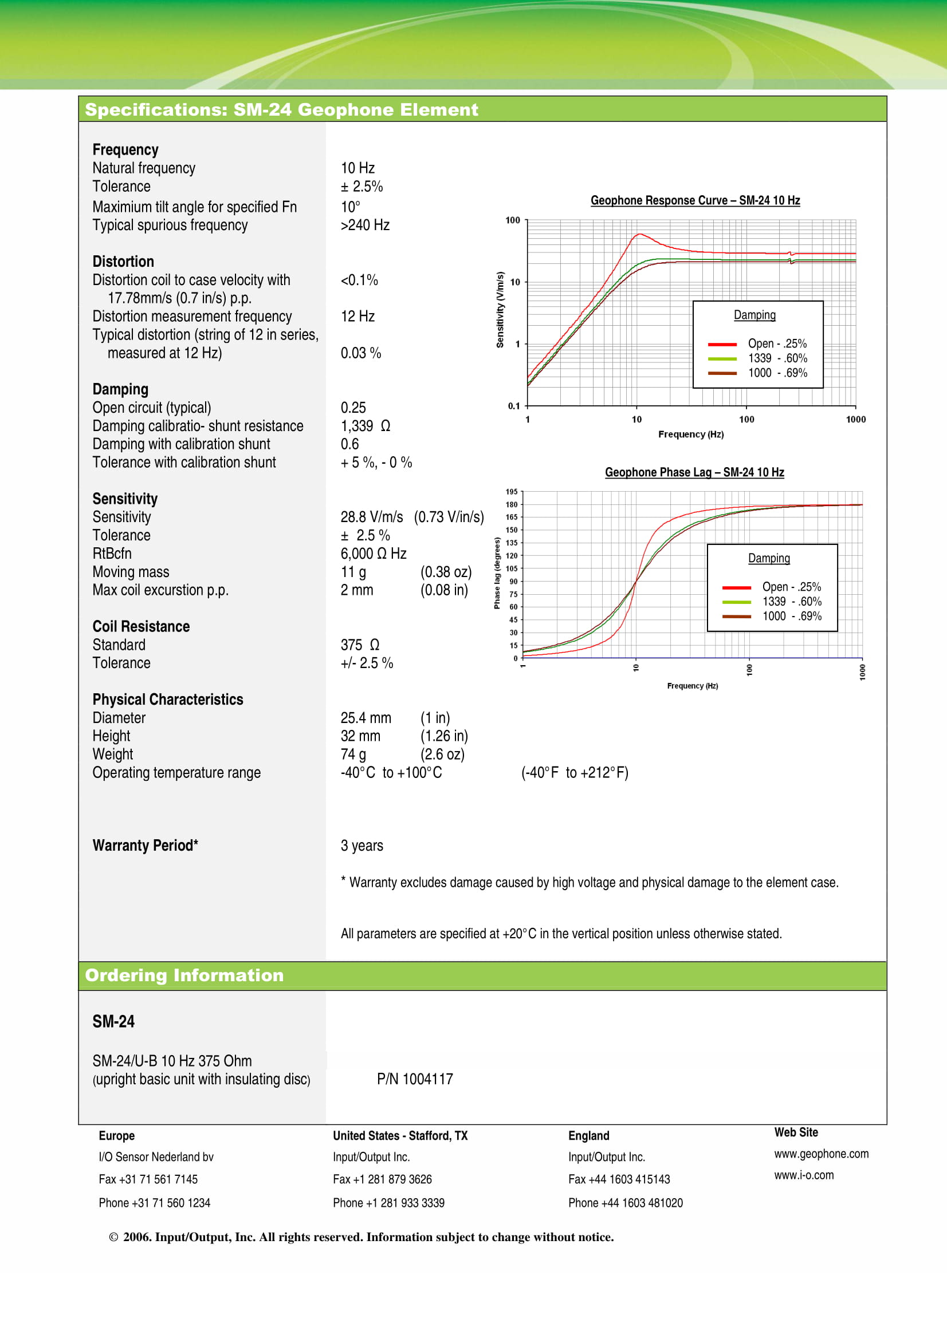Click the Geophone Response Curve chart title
[694, 200]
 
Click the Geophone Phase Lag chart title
[694, 472]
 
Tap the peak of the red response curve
[639, 235]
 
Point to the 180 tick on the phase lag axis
[511, 504]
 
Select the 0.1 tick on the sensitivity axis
[513, 406]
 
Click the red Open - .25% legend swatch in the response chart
[722, 344]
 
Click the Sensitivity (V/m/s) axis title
[500, 310]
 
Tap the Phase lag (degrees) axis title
[497, 573]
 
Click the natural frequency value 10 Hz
[357, 168]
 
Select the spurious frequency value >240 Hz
[365, 225]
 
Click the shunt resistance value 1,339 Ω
[366, 426]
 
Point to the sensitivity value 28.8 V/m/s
[372, 518]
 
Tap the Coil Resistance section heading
[140, 626]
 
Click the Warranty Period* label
[146, 846]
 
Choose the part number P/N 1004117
[414, 1079]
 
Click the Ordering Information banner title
[184, 975]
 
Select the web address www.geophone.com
[821, 1154]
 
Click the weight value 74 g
[353, 755]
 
